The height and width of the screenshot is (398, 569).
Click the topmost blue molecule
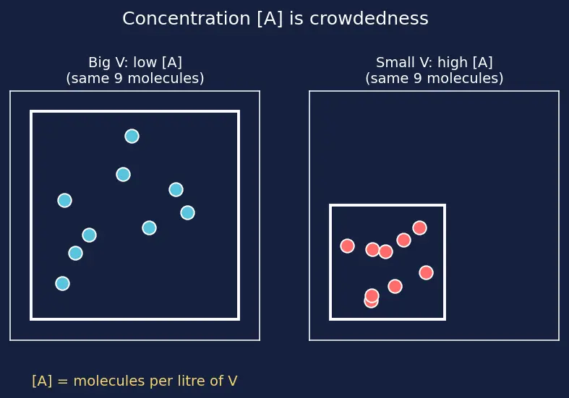[x=132, y=137]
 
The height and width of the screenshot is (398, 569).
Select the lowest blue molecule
[x=62, y=283]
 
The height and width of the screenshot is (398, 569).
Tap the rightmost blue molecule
[x=187, y=213]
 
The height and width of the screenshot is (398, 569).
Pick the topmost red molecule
[x=419, y=228]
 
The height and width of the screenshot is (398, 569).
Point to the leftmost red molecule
[x=347, y=246]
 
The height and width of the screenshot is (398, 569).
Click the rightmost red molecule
[x=426, y=272]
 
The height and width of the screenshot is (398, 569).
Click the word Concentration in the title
[x=186, y=19]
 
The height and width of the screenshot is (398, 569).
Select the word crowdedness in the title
[x=369, y=19]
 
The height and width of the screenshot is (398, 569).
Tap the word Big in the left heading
[x=99, y=63]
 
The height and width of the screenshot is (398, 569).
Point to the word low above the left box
[x=145, y=62]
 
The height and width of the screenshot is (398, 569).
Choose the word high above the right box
[x=452, y=63]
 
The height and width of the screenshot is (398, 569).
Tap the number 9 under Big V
[x=118, y=78]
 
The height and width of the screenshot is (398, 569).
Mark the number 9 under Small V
[x=417, y=78]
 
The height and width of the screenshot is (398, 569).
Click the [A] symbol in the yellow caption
[x=42, y=381]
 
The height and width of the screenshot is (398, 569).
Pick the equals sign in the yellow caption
[x=63, y=381]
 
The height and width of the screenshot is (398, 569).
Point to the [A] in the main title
[x=270, y=19]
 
